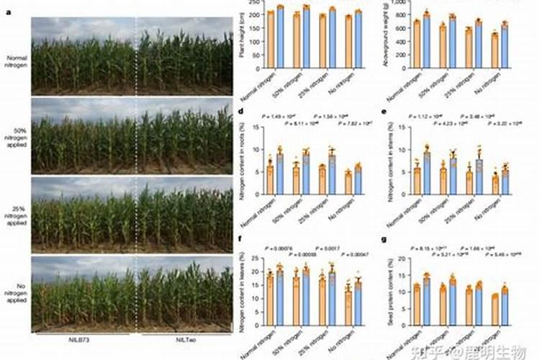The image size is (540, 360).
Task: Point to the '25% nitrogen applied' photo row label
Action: coord(15,214)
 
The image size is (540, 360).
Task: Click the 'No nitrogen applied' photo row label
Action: coord(15,288)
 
